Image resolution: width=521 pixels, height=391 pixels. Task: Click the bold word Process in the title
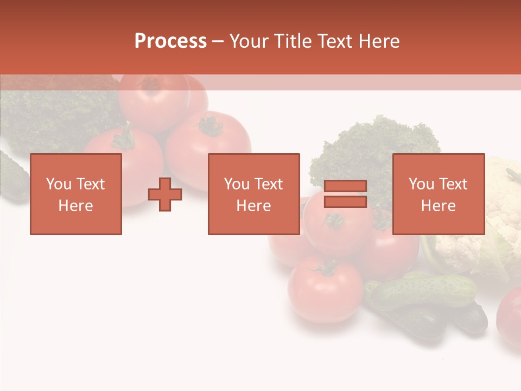(170, 41)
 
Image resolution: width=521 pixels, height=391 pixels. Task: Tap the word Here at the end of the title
(378, 41)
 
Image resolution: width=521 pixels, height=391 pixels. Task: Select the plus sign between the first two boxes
(165, 194)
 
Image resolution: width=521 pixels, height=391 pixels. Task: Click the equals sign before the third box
(345, 194)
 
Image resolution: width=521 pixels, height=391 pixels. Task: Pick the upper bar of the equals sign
(345, 186)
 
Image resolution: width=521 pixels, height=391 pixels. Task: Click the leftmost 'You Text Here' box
(76, 194)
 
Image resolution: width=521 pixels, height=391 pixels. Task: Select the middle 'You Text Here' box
(254, 194)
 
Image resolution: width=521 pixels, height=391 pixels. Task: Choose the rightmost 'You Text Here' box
(439, 194)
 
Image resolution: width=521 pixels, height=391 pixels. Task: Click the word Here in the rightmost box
(439, 206)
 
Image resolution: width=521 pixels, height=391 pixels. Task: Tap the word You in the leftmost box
(59, 184)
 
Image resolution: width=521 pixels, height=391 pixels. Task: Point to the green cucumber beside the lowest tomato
(423, 291)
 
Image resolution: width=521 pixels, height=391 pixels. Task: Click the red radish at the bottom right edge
(511, 318)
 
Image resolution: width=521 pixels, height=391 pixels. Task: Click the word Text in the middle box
(269, 184)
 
